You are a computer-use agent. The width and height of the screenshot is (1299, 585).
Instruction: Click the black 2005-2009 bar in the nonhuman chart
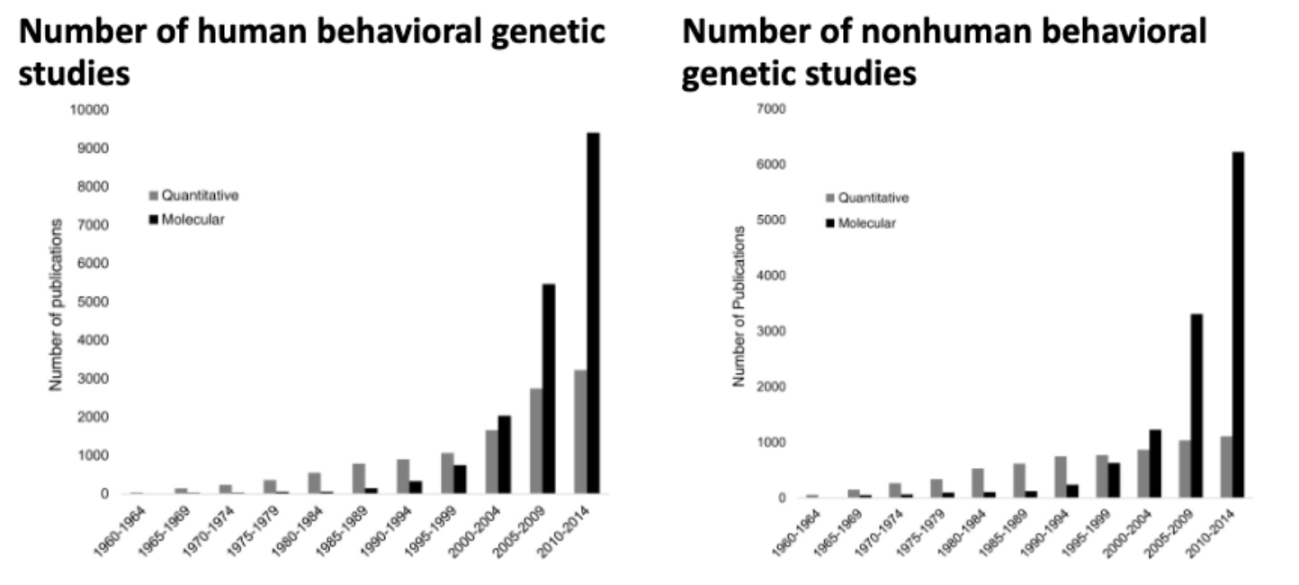click(1196, 406)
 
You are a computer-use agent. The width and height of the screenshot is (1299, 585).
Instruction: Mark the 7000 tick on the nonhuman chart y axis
click(773, 109)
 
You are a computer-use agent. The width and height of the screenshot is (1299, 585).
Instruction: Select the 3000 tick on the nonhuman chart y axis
click(773, 331)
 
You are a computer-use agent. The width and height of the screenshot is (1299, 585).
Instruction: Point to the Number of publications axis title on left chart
click(55, 304)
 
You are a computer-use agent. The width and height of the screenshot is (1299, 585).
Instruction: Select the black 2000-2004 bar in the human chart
click(505, 454)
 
